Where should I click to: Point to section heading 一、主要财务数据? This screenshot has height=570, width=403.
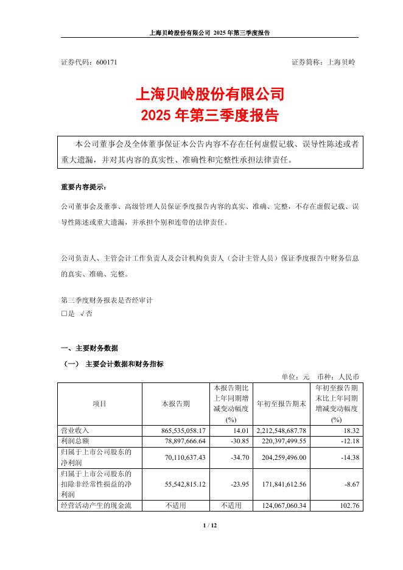coord(90,348)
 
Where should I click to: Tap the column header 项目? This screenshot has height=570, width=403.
coord(99,404)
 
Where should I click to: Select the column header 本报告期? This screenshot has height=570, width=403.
coord(175,404)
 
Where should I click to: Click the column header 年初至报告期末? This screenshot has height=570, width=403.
coord(281,404)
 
